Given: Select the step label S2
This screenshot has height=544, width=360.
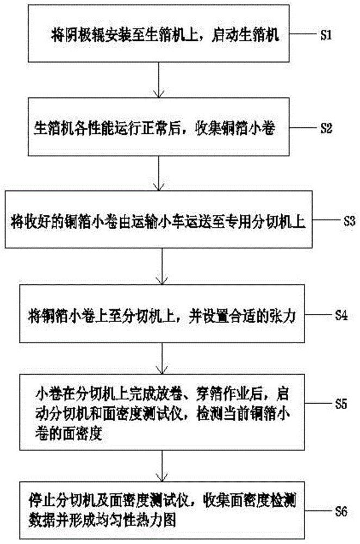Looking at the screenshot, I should [325, 129].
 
